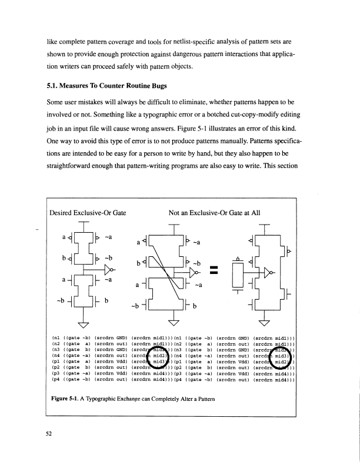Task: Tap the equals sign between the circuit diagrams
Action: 213,270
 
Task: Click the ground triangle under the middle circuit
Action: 174,323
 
